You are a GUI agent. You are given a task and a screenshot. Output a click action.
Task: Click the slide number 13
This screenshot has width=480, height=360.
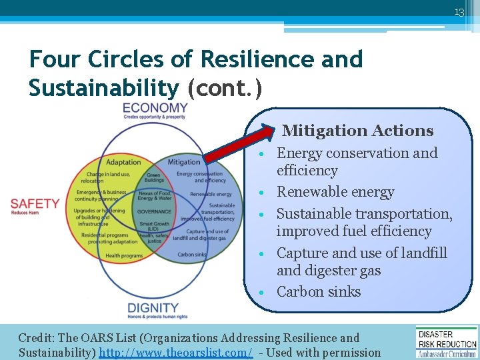click(x=459, y=11)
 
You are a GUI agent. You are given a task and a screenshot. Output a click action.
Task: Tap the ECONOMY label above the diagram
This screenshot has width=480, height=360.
click(x=155, y=108)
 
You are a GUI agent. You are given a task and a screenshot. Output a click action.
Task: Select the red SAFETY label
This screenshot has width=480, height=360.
click(x=35, y=204)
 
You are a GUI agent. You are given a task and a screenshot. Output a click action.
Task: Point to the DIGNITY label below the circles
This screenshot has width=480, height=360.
click(x=153, y=308)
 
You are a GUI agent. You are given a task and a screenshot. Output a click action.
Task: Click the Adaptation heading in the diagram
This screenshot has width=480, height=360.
click(x=123, y=162)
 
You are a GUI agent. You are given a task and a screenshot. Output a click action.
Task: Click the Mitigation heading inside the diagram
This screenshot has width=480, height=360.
click(x=184, y=162)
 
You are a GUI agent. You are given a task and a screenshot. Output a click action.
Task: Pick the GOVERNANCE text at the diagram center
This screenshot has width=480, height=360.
click(x=153, y=211)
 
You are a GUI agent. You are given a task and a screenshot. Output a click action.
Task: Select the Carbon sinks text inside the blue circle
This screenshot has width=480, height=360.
click(x=191, y=255)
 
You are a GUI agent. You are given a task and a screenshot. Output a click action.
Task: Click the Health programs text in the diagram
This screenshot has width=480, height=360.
click(x=124, y=255)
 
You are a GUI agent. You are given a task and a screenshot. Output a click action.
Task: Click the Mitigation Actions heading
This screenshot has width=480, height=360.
click(x=357, y=131)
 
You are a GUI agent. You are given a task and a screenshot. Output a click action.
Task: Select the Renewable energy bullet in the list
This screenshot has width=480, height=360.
click(x=335, y=192)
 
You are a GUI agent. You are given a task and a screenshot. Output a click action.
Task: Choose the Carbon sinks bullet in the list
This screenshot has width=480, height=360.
click(x=318, y=291)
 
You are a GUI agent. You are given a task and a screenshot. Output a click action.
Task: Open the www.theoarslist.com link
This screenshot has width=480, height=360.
click(x=175, y=353)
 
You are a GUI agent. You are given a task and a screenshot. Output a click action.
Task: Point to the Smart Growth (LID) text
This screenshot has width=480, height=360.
click(x=153, y=227)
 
